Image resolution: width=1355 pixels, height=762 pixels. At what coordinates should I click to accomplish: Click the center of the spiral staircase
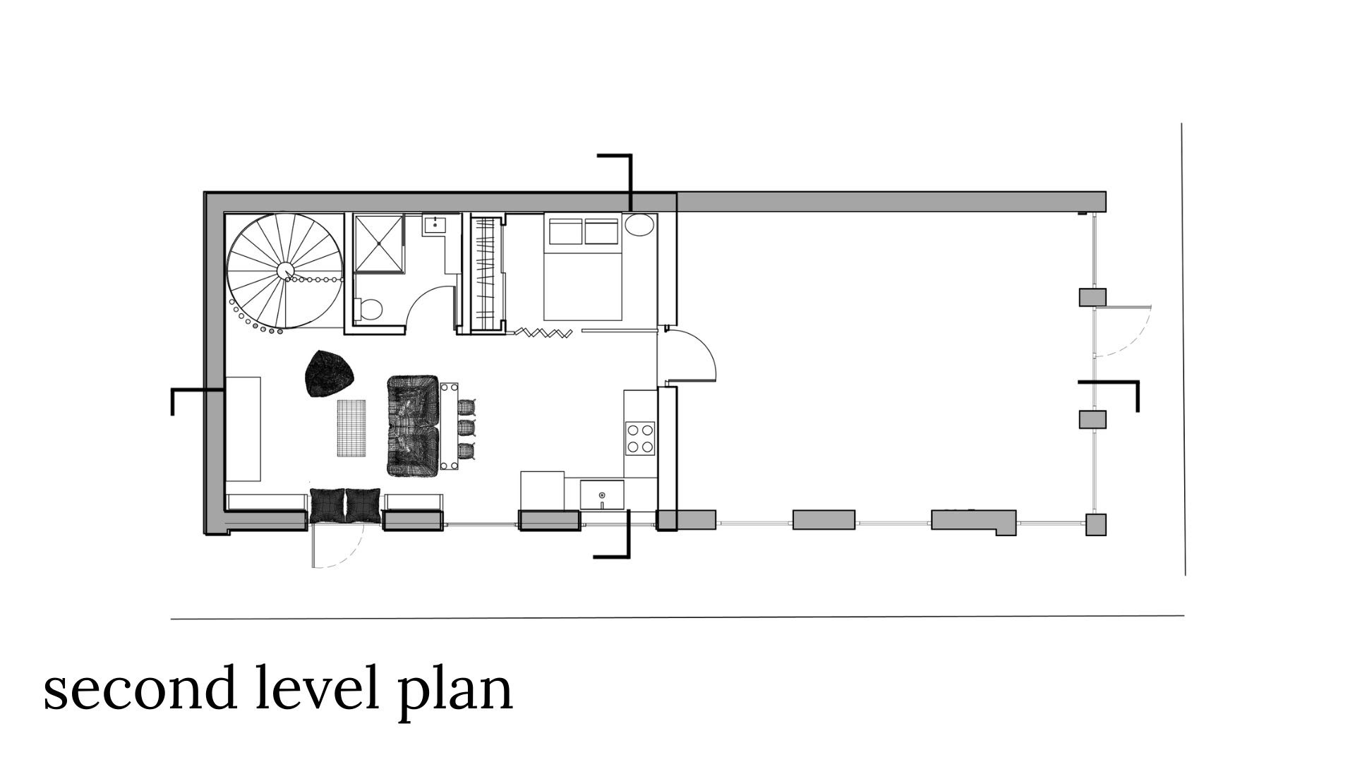point(286,271)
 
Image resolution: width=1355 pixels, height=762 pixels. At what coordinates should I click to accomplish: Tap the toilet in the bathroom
point(370,308)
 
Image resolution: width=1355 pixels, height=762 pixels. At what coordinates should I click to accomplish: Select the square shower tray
point(380,243)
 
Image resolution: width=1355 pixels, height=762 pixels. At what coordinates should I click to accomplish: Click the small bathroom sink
point(433,226)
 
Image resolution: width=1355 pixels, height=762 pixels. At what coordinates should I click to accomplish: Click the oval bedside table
point(639,225)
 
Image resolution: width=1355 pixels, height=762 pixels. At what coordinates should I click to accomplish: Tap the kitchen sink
point(602,495)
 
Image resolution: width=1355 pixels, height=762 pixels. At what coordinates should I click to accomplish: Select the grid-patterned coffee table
point(351,428)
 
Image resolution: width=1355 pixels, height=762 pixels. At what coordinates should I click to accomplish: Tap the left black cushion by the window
point(327,506)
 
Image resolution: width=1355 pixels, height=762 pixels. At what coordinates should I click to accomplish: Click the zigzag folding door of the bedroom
point(543,332)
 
